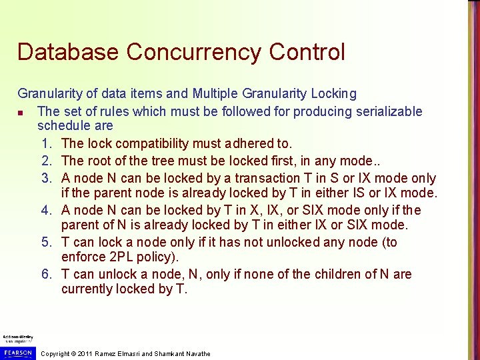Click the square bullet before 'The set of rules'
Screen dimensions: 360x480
pos(22,112)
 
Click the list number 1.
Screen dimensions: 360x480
pos(46,143)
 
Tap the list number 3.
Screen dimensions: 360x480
pos(46,178)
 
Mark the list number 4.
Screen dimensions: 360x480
pos(46,210)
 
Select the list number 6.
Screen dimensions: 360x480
pos(46,274)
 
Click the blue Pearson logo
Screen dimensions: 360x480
pos(17,352)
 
